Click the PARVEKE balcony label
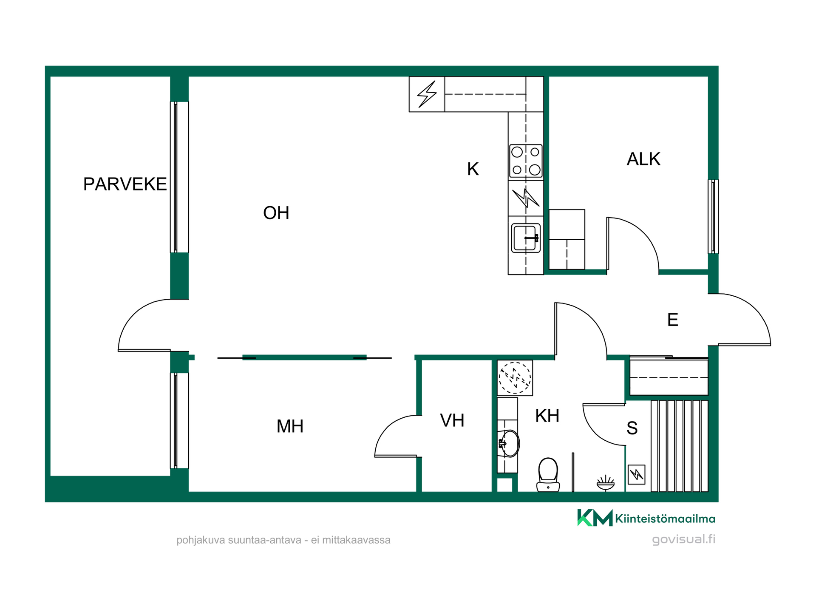[125, 184]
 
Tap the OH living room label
[276, 213]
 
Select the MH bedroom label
[290, 426]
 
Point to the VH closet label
[452, 421]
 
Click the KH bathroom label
[547, 416]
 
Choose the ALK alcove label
[643, 159]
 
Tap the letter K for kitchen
[473, 169]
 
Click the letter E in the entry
[673, 320]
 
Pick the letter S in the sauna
[632, 428]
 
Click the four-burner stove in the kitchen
[526, 161]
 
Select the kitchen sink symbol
[526, 238]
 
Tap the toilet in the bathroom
[548, 475]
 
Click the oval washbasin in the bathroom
[509, 443]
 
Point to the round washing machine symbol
[515, 378]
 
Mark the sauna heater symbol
[637, 474]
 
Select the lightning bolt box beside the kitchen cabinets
[427, 94]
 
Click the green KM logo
[595, 518]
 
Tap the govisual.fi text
[683, 539]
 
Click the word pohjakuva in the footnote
[201, 540]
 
